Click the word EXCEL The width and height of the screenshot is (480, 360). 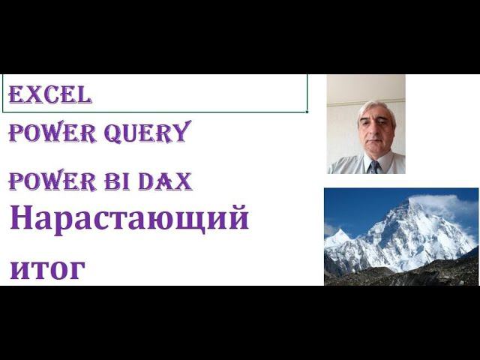coord(50,94)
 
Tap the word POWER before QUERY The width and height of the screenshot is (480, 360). coord(52,133)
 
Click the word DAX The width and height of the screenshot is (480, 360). coord(170,181)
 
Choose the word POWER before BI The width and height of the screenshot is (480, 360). coord(52,181)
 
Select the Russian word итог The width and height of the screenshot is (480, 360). coord(47,268)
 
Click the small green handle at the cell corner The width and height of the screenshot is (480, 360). coord(307,111)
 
